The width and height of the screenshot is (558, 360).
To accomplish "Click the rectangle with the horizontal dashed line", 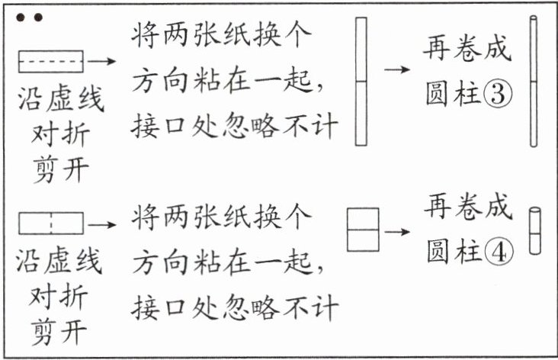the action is pos(50,60).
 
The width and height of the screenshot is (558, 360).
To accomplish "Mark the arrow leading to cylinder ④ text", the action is pos(396,229).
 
